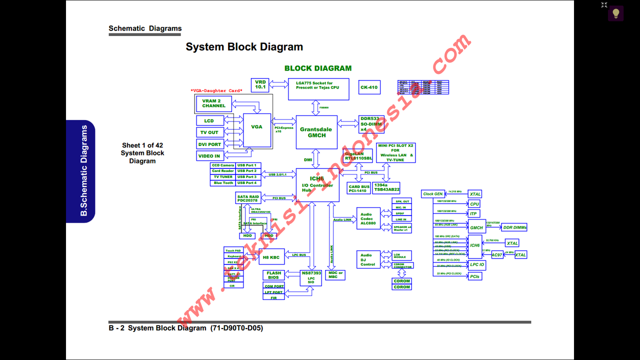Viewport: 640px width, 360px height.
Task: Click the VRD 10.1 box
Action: click(x=260, y=84)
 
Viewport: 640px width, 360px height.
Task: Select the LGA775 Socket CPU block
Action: click(x=318, y=89)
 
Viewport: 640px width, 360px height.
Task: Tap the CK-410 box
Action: click(x=369, y=87)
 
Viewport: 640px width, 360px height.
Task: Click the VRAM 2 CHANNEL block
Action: click(x=214, y=103)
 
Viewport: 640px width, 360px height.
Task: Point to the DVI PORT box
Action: click(x=210, y=144)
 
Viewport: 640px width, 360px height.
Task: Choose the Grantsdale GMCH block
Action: click(x=316, y=132)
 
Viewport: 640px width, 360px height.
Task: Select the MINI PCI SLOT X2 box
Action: click(x=395, y=152)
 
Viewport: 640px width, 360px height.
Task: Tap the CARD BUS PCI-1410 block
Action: click(x=358, y=188)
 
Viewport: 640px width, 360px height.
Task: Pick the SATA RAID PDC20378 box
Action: click(x=248, y=198)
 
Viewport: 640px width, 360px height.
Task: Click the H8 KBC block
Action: click(x=271, y=257)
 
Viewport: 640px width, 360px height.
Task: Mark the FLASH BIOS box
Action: click(x=273, y=275)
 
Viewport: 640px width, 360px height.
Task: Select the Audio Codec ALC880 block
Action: click(x=368, y=218)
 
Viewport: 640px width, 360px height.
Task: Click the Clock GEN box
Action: click(x=432, y=194)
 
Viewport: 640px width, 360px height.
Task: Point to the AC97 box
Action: click(x=496, y=255)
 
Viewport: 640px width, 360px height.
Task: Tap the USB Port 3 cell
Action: click(x=247, y=177)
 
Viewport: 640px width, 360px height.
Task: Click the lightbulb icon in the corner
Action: click(x=615, y=13)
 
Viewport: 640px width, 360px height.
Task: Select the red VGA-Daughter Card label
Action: click(x=216, y=90)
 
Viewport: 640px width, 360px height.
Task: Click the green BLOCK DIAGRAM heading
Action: click(x=317, y=68)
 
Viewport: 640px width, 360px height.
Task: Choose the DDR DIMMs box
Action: click(x=514, y=227)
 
